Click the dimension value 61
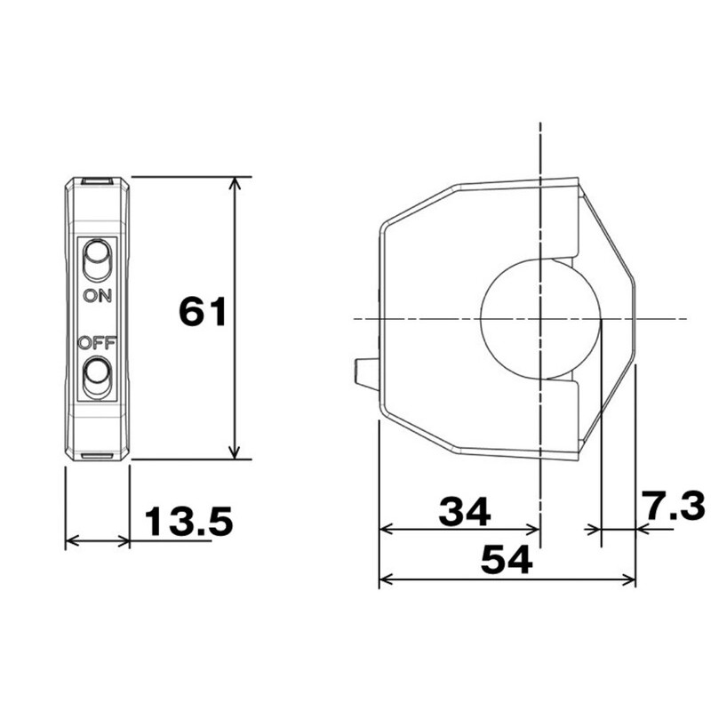coord(204,312)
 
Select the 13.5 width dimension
coord(188,522)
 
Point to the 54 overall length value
coord(506,560)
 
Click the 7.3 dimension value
coord(674,507)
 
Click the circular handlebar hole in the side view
coord(539,319)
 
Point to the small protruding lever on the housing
coord(364,372)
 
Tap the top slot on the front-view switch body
coord(97,182)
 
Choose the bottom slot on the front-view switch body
coord(97,457)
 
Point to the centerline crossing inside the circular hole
coord(539,319)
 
